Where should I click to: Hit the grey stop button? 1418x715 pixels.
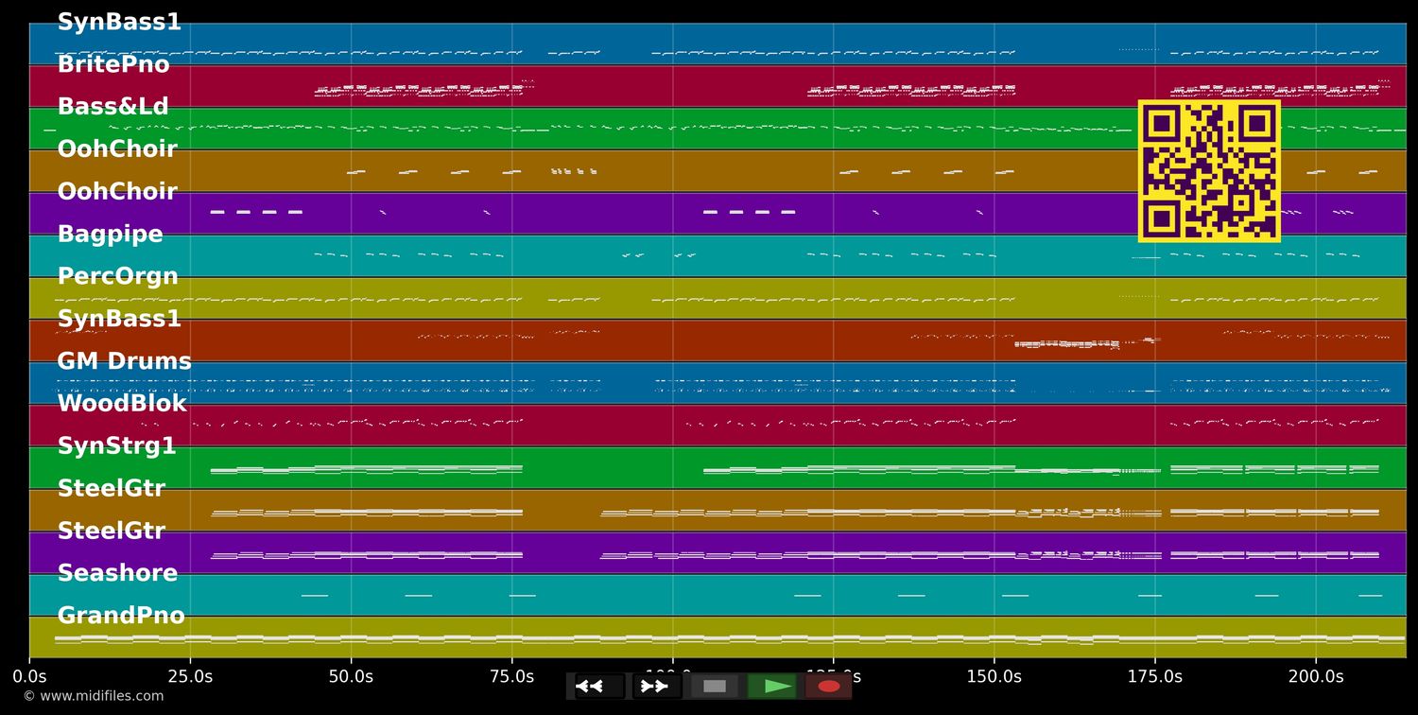[715, 686]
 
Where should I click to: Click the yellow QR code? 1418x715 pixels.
[1209, 171]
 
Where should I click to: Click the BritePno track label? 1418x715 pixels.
[113, 64]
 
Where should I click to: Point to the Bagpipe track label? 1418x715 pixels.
[110, 234]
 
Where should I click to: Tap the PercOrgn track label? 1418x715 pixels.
[117, 276]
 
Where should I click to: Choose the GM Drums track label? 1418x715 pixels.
[124, 361]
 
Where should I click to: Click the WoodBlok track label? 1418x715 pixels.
[122, 404]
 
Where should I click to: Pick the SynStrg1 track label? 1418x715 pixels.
[116, 445]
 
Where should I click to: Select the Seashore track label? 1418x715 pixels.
[117, 573]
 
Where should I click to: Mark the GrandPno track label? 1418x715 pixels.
[121, 616]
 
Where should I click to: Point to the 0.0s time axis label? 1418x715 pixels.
[29, 676]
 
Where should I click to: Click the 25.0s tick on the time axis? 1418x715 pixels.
[190, 676]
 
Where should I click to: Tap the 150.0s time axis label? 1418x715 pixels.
[994, 676]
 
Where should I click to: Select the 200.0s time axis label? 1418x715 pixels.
[1315, 676]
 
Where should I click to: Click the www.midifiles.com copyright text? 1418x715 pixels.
[93, 696]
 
